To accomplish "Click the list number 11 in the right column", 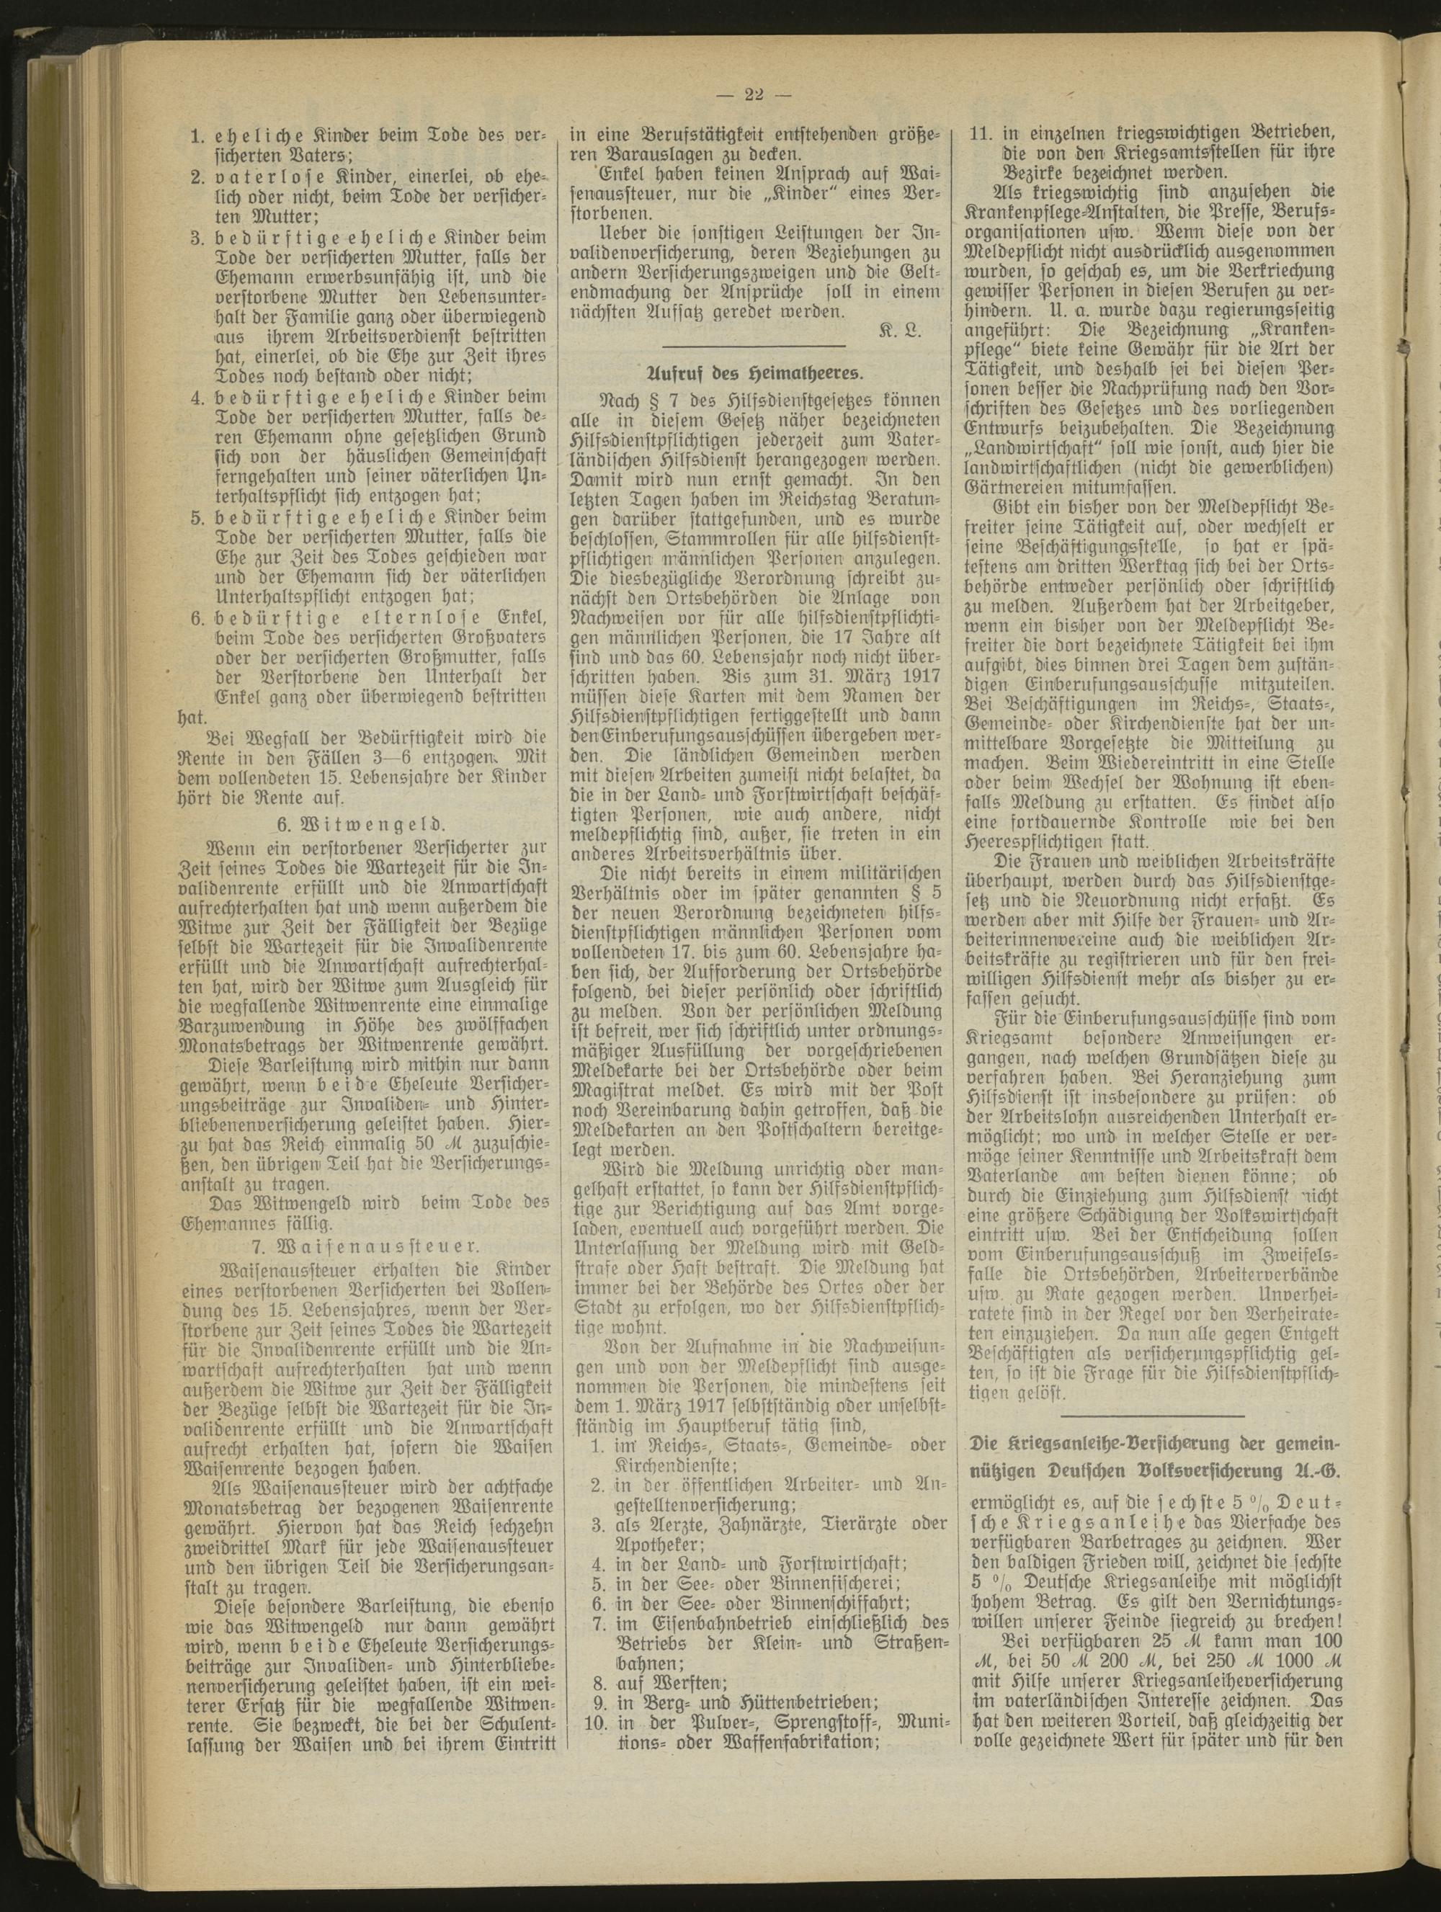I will click(983, 133).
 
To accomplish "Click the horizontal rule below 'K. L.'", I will click(753, 351).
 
